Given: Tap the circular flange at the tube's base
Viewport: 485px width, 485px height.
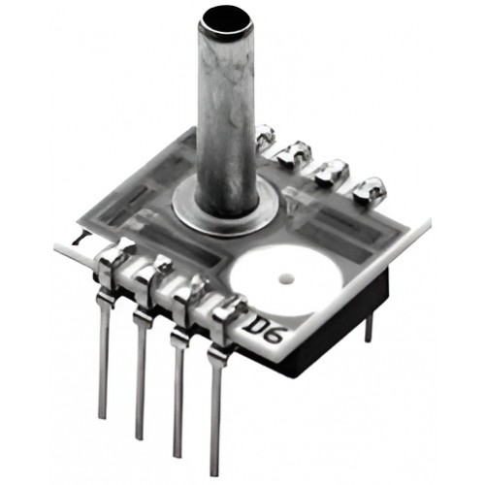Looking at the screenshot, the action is [x=226, y=211].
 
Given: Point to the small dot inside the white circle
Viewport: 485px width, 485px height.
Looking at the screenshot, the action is [x=286, y=277].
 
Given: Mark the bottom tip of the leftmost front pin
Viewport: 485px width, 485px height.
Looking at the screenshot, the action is [x=102, y=418].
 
